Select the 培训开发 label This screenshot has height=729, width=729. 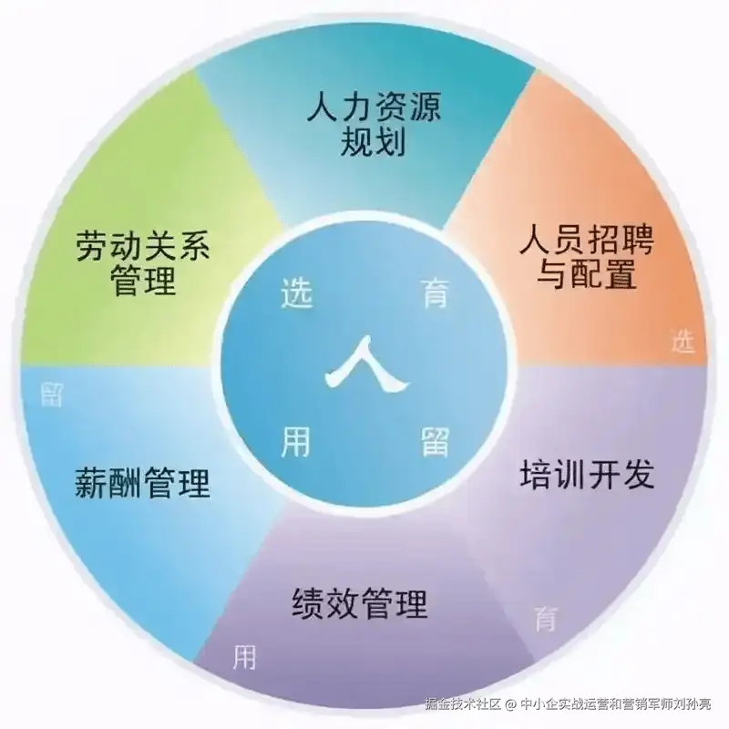(587, 474)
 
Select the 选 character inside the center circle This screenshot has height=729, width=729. (296, 295)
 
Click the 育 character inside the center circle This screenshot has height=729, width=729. (435, 293)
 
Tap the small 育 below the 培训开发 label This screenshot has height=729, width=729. (545, 620)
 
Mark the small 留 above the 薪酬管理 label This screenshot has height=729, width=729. (52, 394)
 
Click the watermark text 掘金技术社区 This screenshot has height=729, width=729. (463, 704)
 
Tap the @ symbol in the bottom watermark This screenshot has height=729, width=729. (511, 704)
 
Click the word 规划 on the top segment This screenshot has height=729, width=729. (371, 144)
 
